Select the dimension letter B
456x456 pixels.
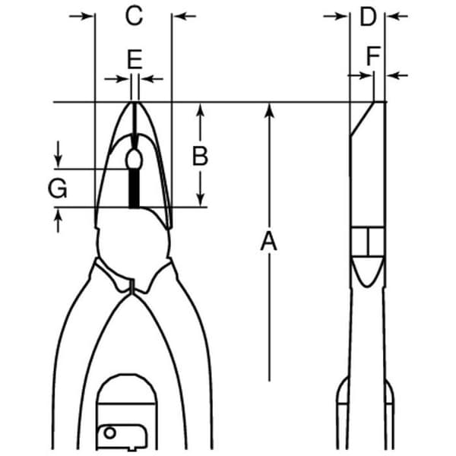click(201, 156)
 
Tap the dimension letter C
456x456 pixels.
click(134, 15)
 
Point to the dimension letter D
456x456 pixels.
click(368, 16)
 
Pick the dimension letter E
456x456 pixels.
click(135, 59)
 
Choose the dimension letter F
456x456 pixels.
click(373, 55)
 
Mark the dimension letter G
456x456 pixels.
click(58, 188)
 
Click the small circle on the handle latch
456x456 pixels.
click(109, 432)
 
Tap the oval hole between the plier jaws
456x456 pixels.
click(134, 160)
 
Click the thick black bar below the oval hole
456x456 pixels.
click(134, 188)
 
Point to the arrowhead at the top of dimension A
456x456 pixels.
click(270, 110)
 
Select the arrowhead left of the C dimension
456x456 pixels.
click(87, 16)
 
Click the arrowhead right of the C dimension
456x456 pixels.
click(181, 16)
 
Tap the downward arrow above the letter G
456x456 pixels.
click(59, 154)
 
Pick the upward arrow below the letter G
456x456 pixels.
click(59, 221)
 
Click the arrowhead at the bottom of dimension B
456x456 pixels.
click(201, 200)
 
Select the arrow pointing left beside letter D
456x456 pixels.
click(397, 16)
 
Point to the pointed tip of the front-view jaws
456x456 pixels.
click(134, 103)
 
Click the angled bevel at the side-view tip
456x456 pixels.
click(362, 119)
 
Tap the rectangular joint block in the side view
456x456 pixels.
click(368, 242)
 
